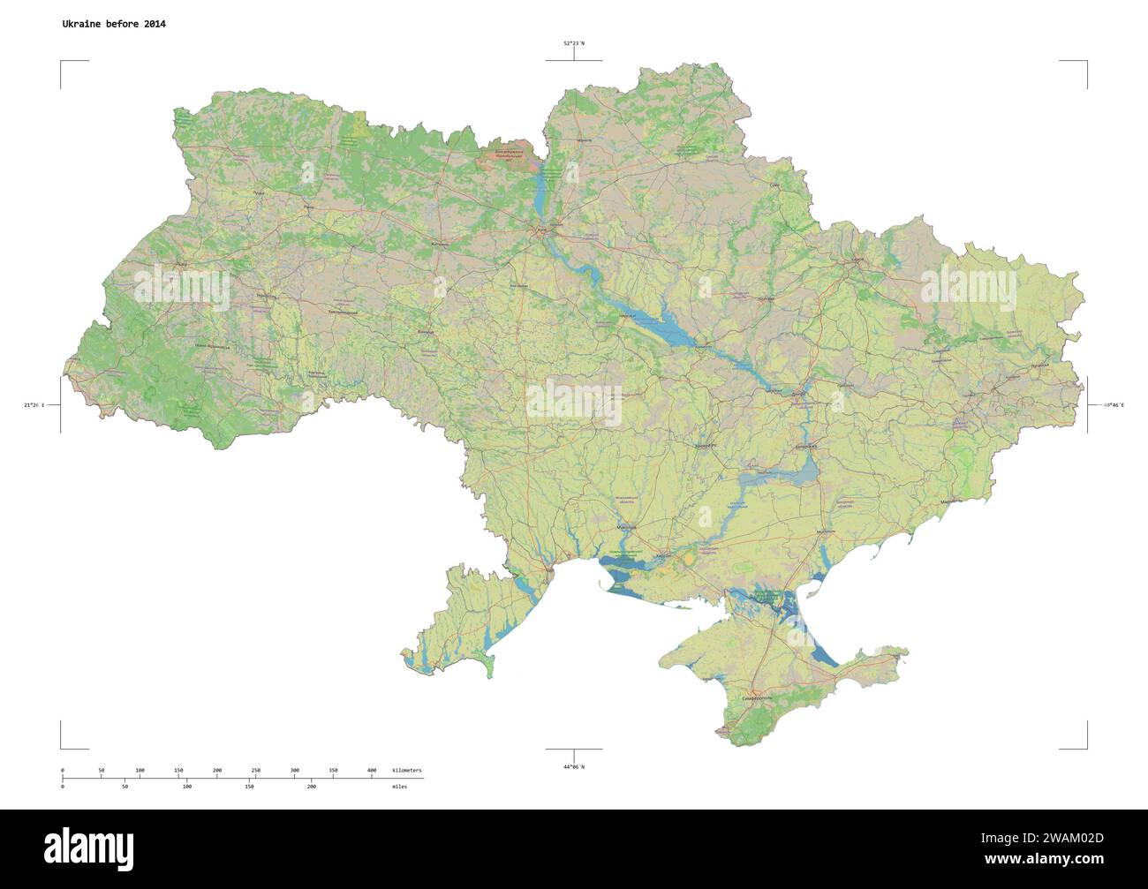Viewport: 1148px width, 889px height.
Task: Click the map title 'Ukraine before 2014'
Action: [113, 24]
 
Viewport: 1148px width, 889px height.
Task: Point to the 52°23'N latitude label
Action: [574, 42]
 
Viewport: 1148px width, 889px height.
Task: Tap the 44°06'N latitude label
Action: [574, 766]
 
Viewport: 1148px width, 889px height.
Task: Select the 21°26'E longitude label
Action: [34, 405]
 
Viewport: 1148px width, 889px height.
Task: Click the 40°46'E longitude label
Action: [1114, 405]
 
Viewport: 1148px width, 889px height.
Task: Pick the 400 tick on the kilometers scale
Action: [372, 771]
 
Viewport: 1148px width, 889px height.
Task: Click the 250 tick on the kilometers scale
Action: [256, 771]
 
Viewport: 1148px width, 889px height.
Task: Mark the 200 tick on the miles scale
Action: [311, 785]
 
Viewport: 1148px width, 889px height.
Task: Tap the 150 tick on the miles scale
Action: [249, 785]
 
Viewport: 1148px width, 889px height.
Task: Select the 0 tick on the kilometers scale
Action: [62, 771]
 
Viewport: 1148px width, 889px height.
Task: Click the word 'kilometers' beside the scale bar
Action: [407, 771]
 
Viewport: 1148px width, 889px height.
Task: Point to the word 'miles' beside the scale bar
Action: [400, 785]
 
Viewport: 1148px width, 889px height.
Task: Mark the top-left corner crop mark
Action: [61, 62]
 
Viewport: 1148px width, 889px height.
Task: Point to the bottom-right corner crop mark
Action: [1086, 748]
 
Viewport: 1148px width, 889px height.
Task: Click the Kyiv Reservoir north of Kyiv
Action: [540, 189]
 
